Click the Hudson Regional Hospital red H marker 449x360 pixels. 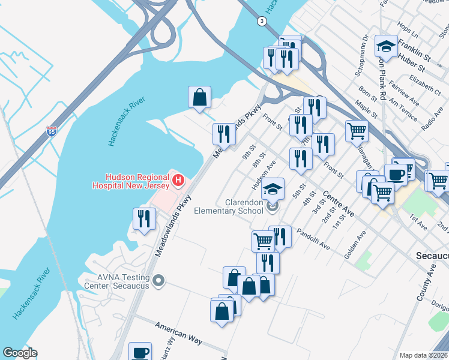(178, 179)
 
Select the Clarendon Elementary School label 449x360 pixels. (228, 206)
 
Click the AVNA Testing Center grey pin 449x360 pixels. (158, 280)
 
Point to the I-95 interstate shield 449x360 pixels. (52, 131)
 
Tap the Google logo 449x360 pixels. (20, 353)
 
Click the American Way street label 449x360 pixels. (178, 332)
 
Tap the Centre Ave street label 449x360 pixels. (338, 204)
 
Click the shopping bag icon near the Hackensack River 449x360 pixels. (199, 97)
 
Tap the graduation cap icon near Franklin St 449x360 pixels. (385, 46)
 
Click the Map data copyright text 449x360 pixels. (423, 355)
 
